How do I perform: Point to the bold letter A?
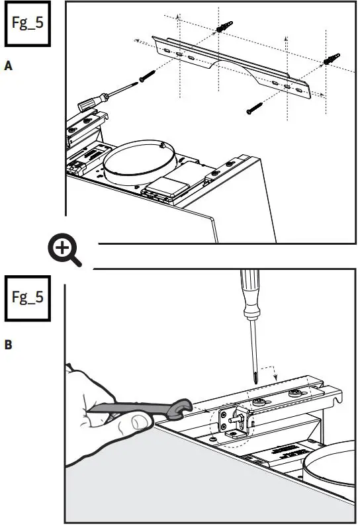tap(8, 66)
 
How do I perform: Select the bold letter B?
tap(8, 344)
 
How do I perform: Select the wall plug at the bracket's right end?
tap(329, 60)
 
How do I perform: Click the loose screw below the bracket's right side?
tap(255, 106)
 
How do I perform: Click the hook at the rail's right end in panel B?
tap(338, 398)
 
